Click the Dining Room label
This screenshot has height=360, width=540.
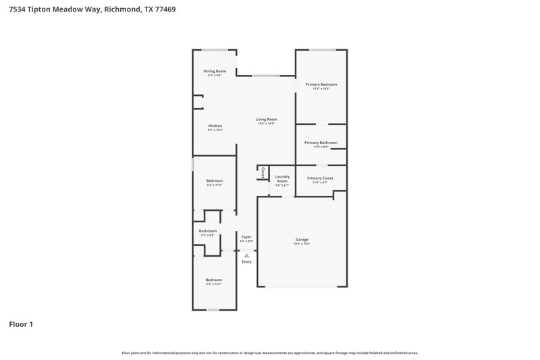pos(215,71)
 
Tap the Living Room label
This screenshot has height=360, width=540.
pos(266,120)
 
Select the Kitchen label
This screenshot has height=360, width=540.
pos(215,126)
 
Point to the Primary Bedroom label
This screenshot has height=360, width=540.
pos(321,84)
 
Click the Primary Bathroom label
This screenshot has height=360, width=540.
pos(321,143)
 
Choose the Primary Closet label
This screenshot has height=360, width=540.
pos(321,178)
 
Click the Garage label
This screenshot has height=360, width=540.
pos(302,239)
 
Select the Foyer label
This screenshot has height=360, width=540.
pos(246,236)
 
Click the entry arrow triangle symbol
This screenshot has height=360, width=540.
pos(246,255)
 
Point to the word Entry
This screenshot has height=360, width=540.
pos(246,261)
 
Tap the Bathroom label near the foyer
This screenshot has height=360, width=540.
pos(207,231)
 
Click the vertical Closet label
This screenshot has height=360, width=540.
pos(263,172)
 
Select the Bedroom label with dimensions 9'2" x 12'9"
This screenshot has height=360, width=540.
pos(213,280)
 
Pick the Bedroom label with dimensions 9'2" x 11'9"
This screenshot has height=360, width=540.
pos(214,180)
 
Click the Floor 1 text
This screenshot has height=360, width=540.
pos(21,324)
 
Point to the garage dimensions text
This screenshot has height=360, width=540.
pos(302,244)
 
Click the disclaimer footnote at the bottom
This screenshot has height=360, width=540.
pos(269,353)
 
